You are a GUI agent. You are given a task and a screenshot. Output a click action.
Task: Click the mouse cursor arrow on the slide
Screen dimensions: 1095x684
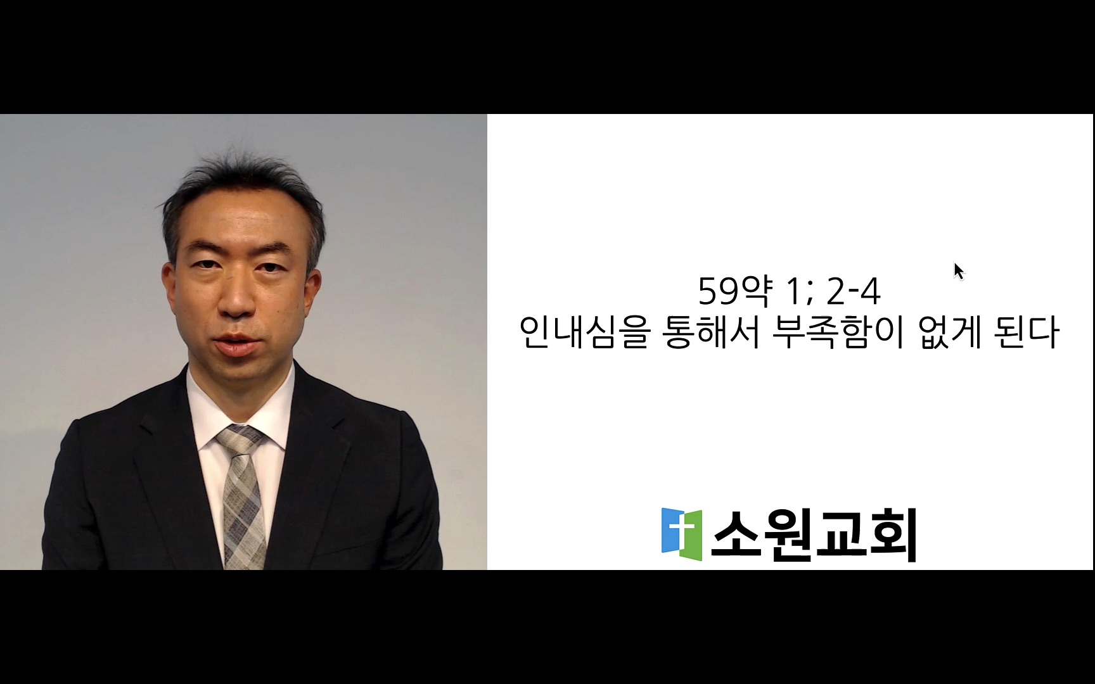(x=959, y=271)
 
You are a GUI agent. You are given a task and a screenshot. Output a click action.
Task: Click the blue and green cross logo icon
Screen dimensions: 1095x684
(x=682, y=534)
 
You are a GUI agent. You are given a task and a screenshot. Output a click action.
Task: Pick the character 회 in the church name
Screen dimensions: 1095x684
(x=893, y=535)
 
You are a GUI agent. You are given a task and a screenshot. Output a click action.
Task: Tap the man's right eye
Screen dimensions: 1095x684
(x=205, y=265)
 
